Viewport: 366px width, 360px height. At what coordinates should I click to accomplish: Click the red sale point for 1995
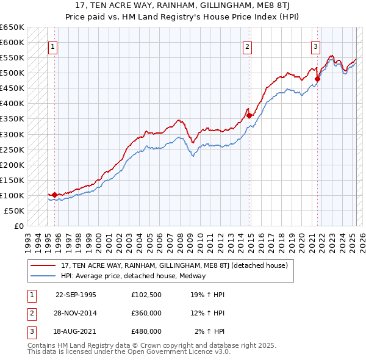55,195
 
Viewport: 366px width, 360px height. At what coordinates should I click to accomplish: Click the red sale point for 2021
317,79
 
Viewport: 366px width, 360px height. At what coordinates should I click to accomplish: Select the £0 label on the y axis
18,226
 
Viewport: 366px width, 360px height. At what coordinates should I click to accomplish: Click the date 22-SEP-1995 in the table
76,295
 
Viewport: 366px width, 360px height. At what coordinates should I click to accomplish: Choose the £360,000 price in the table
146,313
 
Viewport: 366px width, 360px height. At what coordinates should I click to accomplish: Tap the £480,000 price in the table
146,331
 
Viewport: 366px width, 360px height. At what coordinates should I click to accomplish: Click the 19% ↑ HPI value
207,295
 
